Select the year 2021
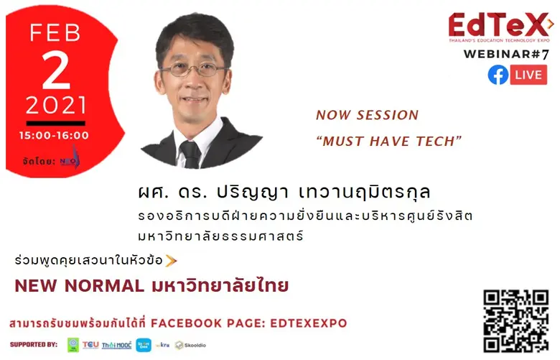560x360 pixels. pyautogui.click(x=56, y=106)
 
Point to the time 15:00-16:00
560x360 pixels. pyautogui.click(x=56, y=135)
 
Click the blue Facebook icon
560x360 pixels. pyautogui.click(x=498, y=75)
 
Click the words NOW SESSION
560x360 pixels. pyautogui.click(x=367, y=115)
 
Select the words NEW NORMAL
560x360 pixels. pyautogui.click(x=79, y=286)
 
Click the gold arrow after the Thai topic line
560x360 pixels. pyautogui.click(x=171, y=259)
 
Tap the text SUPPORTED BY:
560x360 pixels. pyautogui.click(x=34, y=344)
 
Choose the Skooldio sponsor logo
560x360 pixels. pyautogui.click(x=190, y=345)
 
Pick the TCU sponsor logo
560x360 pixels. pyautogui.click(x=90, y=345)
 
